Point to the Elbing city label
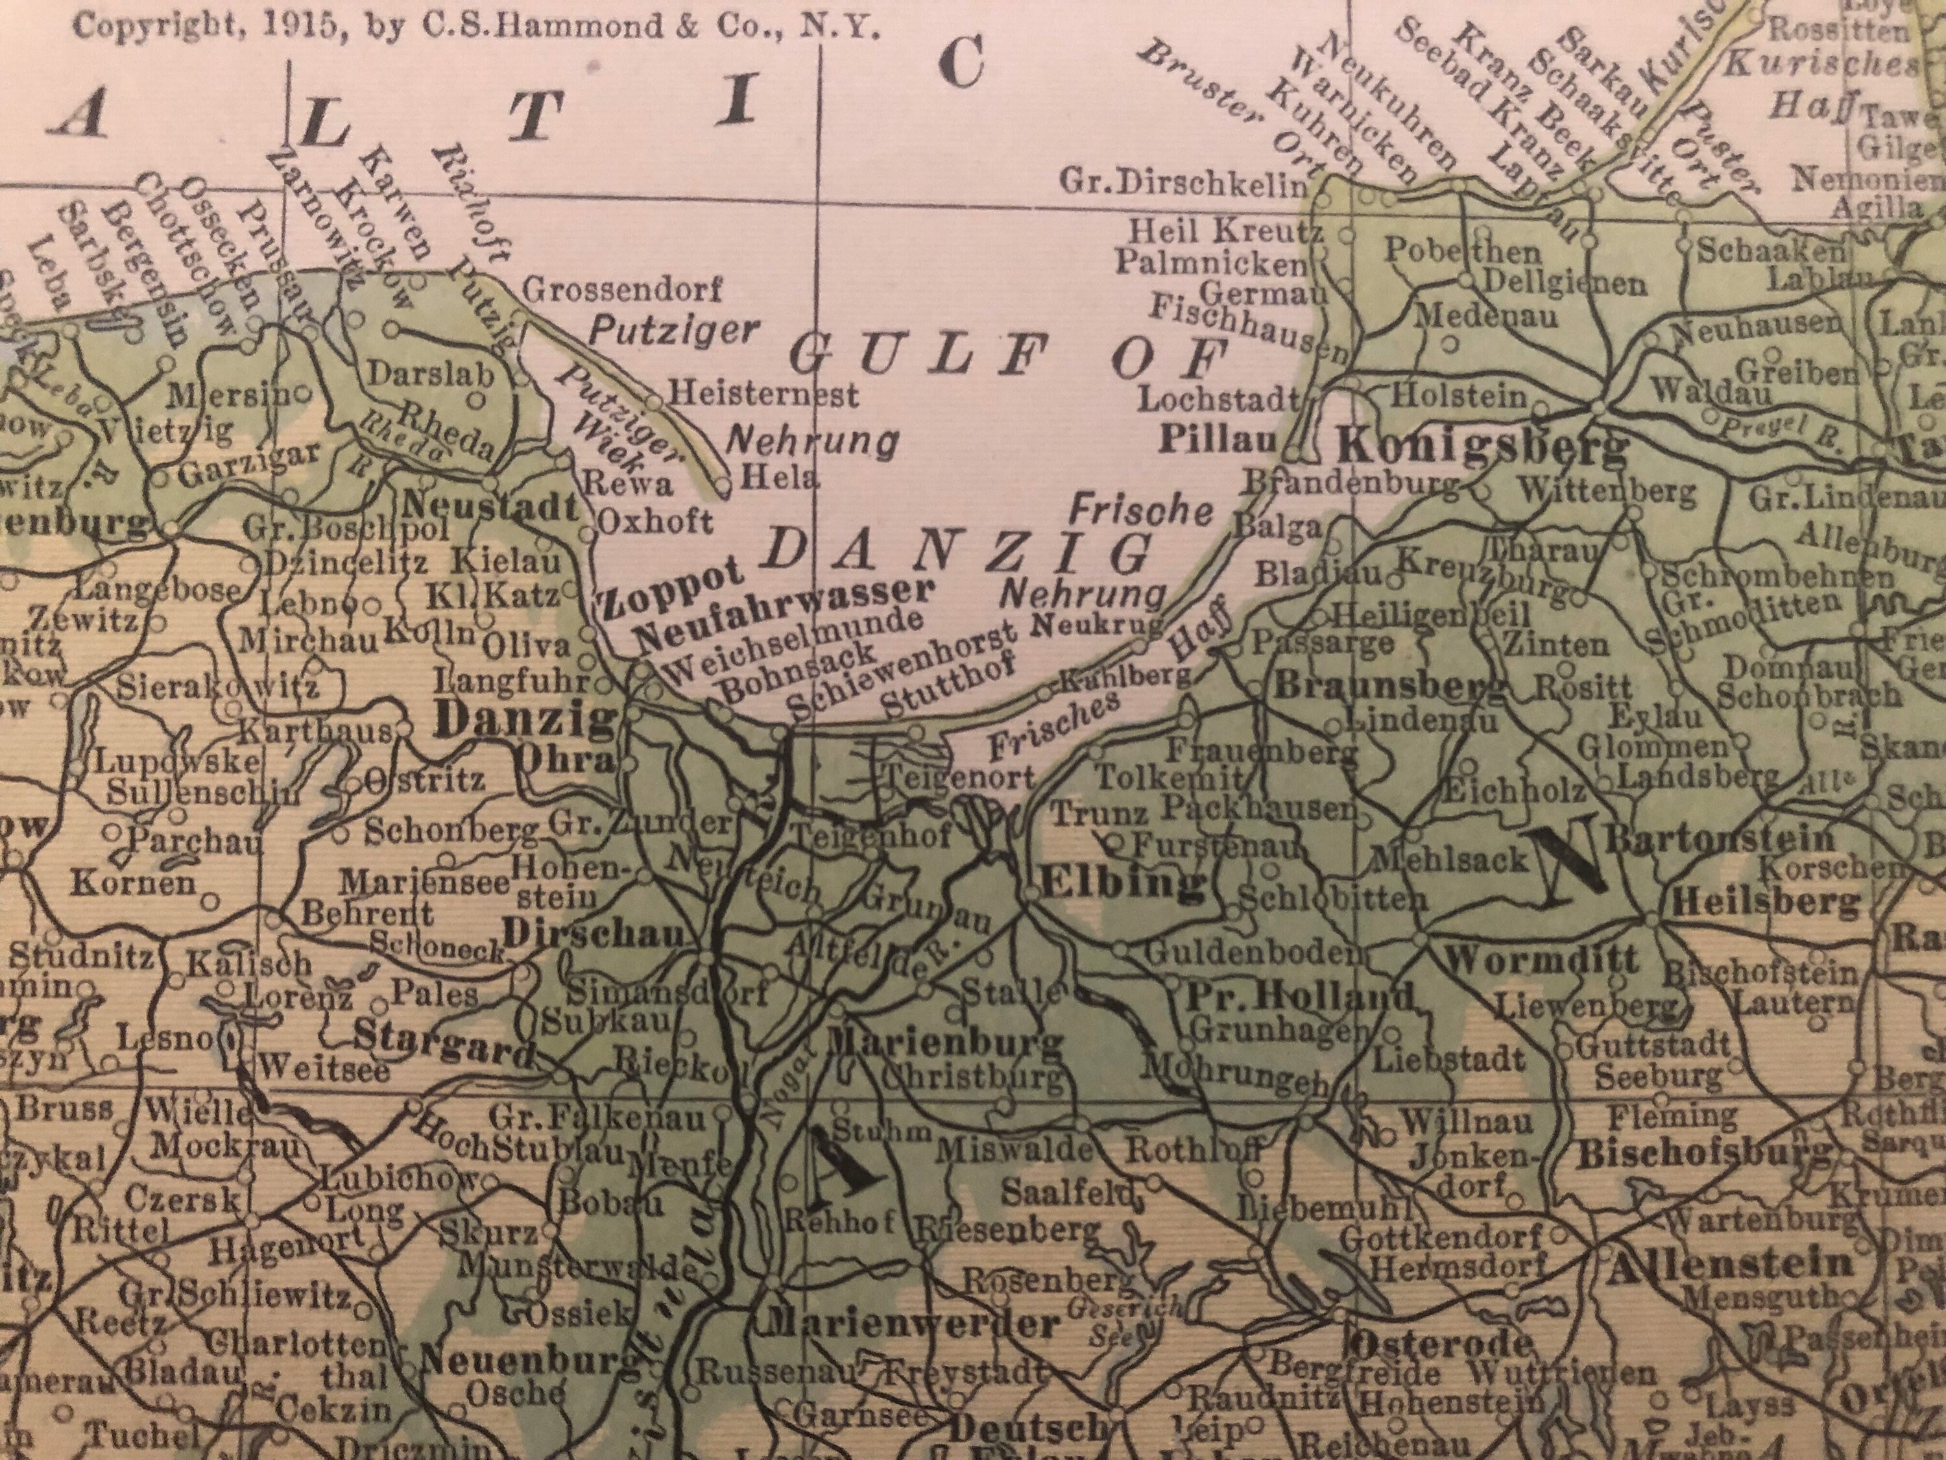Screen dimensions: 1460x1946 [x=1121, y=882]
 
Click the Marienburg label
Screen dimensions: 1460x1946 [x=946, y=1043]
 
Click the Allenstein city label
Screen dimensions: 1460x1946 [x=1729, y=1265]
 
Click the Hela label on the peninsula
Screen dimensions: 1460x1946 [x=778, y=478]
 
